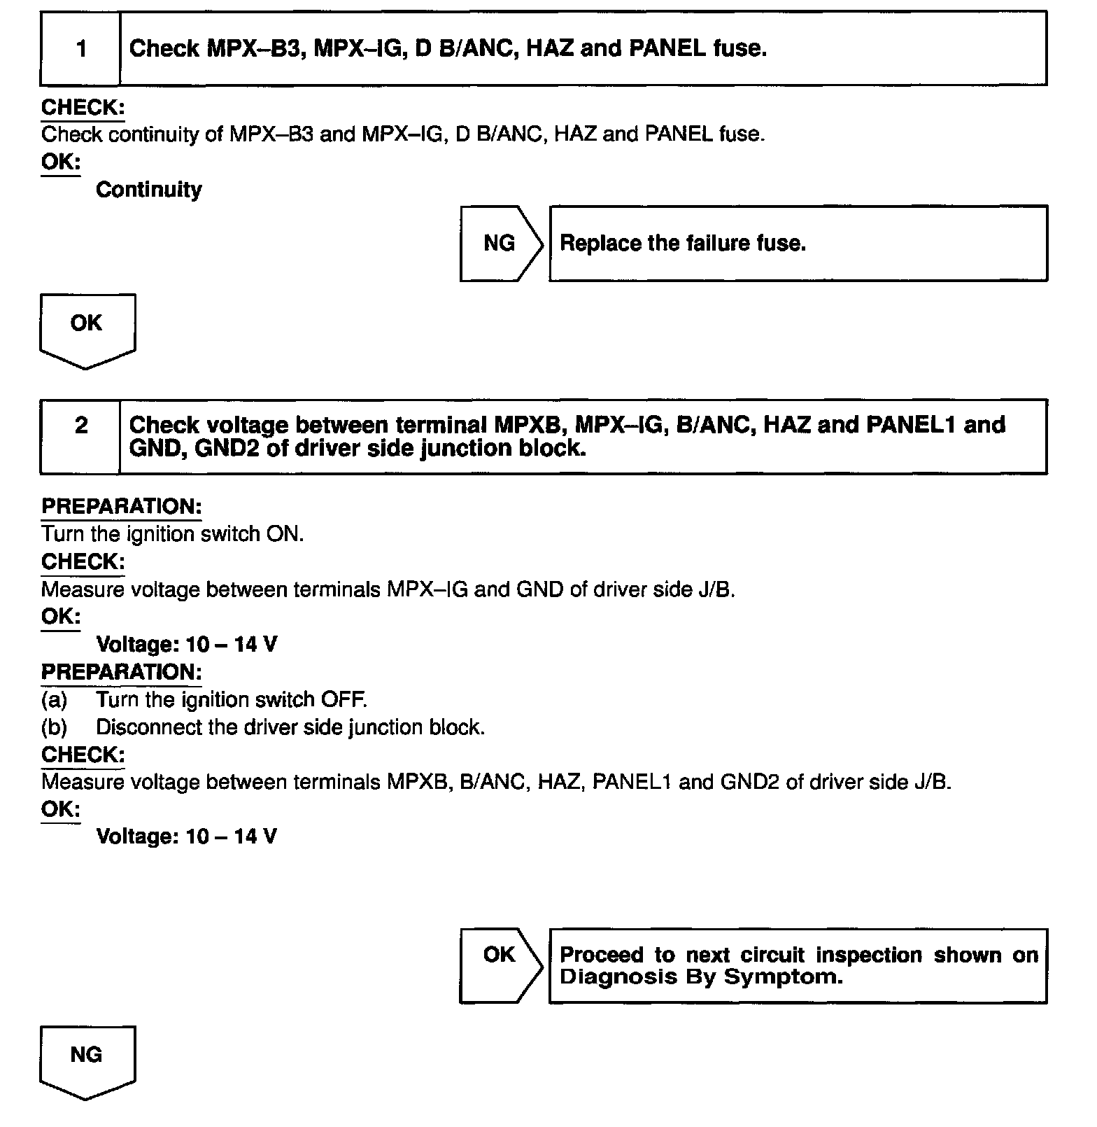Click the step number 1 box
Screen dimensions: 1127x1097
tap(81, 49)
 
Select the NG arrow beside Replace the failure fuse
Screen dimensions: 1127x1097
tap(500, 244)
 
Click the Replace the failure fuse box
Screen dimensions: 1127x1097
tap(798, 244)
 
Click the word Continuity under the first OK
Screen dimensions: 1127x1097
tap(148, 190)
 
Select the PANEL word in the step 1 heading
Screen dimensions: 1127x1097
tap(667, 48)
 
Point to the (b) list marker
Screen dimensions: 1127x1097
tap(54, 727)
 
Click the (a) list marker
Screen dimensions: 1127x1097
tap(54, 699)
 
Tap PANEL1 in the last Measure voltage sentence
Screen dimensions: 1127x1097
tap(632, 782)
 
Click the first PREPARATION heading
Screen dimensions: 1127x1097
tap(121, 507)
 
